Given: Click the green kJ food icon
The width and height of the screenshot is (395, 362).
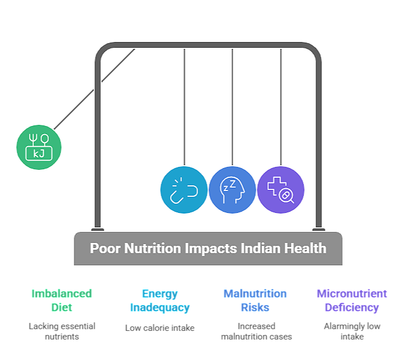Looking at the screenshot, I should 39,147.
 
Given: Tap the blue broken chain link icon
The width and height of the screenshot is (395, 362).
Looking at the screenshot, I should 184,190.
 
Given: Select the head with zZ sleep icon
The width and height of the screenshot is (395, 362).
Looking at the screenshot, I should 232,190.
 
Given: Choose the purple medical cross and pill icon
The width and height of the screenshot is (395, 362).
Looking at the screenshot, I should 280,190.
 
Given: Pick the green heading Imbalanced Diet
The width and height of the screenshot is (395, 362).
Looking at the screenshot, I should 62,300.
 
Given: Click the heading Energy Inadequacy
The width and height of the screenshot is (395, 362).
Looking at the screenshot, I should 159,300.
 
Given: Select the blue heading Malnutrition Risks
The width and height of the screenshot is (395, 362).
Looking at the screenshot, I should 255,300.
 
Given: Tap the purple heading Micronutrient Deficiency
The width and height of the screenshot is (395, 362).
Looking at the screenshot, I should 352,300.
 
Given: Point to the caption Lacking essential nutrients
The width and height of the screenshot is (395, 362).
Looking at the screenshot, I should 62,331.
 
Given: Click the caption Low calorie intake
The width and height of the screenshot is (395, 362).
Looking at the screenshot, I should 159,327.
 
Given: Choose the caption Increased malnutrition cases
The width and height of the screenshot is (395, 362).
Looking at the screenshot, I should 256,331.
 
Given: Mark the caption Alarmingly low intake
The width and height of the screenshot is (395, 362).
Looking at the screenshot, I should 352,331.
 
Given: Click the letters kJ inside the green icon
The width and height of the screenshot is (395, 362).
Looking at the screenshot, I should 39,153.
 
